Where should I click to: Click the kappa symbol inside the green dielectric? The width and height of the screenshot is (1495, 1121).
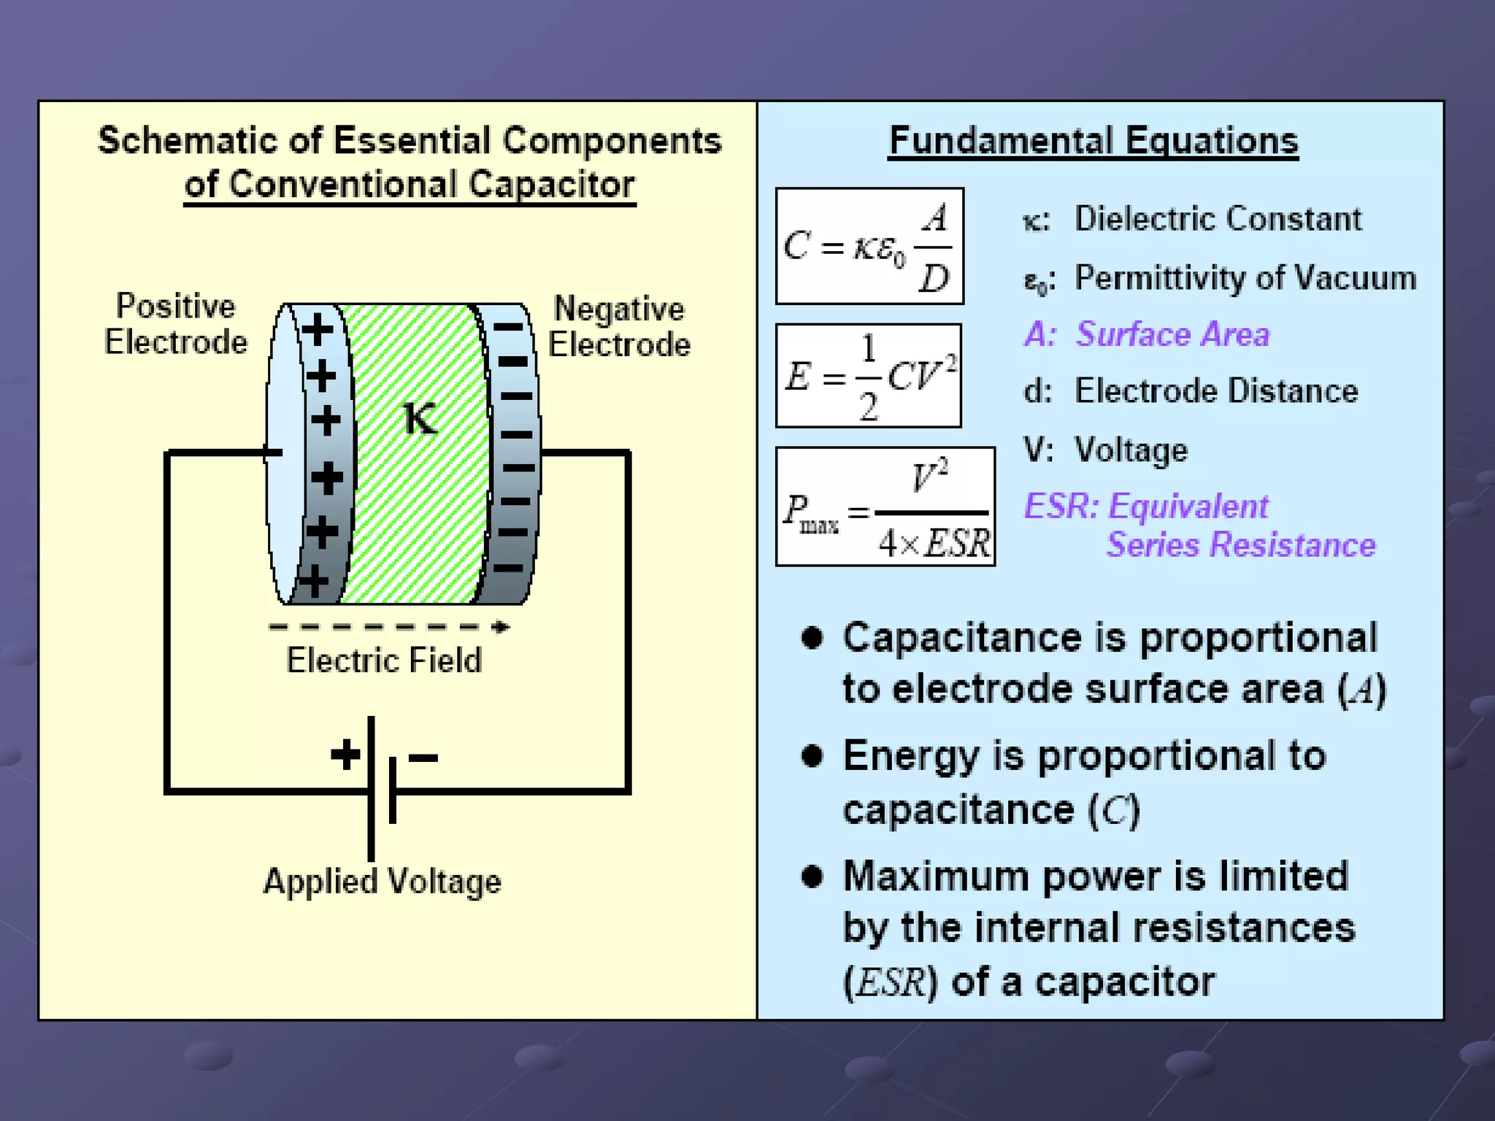pyautogui.click(x=420, y=419)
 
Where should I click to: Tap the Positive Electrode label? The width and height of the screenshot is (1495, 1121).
pyautogui.click(x=176, y=324)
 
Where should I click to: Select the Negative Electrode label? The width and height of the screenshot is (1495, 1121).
pyautogui.click(x=619, y=326)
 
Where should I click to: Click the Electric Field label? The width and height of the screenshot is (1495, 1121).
pyautogui.click(x=384, y=660)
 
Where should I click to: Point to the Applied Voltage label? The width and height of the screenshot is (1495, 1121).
pyautogui.click(x=383, y=881)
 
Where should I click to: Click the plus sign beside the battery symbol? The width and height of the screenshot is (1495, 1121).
pyautogui.click(x=345, y=755)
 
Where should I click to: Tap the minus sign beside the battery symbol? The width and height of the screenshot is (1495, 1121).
pyautogui.click(x=423, y=758)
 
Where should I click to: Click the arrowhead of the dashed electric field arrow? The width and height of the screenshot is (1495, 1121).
pyautogui.click(x=501, y=627)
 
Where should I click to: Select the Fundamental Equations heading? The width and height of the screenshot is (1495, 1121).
pyautogui.click(x=1094, y=141)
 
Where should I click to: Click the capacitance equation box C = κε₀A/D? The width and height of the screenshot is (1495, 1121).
pyautogui.click(x=869, y=246)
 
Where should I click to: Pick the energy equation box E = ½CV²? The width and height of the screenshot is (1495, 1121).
pyautogui.click(x=869, y=376)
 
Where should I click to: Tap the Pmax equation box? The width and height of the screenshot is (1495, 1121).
pyautogui.click(x=885, y=506)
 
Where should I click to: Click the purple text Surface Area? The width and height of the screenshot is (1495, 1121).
pyautogui.click(x=1172, y=334)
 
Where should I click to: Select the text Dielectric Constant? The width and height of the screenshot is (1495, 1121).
pyautogui.click(x=1218, y=219)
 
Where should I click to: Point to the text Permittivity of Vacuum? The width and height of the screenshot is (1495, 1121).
pyautogui.click(x=1245, y=278)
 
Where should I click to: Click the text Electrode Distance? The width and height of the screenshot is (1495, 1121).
pyautogui.click(x=1216, y=391)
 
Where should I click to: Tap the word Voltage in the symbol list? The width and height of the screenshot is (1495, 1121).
pyautogui.click(x=1131, y=450)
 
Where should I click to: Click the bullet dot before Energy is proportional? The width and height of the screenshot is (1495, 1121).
pyautogui.click(x=812, y=755)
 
